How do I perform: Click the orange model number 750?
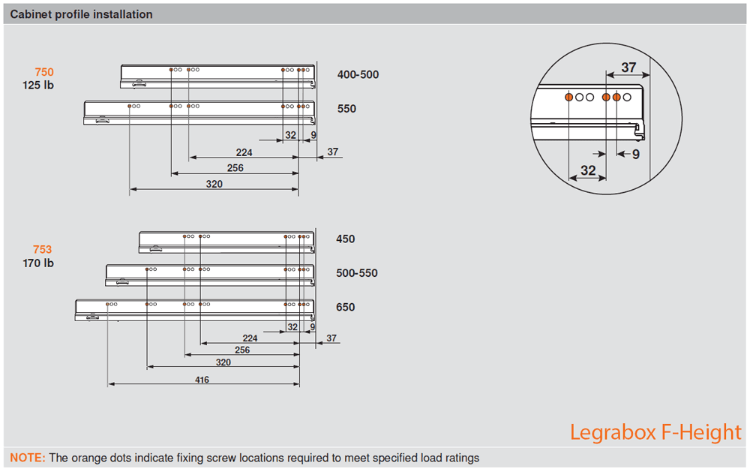point(44,72)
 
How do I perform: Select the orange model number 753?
point(43,250)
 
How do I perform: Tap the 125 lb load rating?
point(38,85)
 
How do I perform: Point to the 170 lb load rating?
point(38,263)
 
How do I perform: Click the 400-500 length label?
point(358,74)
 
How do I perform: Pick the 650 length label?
point(346,307)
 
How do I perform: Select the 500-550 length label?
point(357,273)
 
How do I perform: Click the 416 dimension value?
point(202,380)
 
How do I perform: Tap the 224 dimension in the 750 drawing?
point(244,152)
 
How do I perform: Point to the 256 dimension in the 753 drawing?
point(242,350)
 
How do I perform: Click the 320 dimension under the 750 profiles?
point(214,184)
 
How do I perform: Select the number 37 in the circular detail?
point(628,68)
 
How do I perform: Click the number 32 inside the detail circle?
point(588,170)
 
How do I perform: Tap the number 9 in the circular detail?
point(635,155)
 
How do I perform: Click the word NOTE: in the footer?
point(28,458)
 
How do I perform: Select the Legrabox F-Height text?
point(655,432)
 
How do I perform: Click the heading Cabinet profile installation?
point(81,14)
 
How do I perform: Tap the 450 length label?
point(346,239)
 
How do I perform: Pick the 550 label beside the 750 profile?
point(346,109)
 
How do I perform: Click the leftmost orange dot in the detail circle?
point(569,98)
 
